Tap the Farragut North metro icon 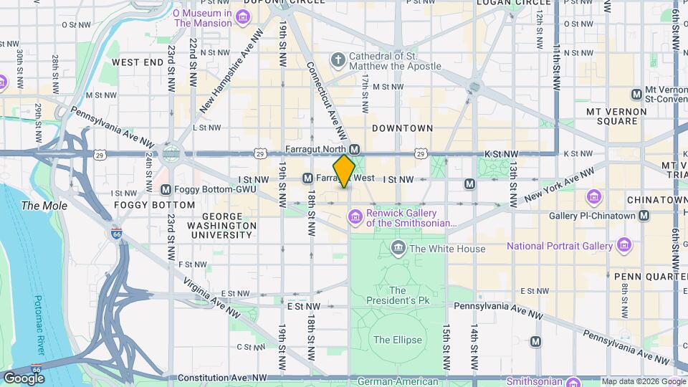tap(354, 148)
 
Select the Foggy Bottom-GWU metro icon tap(166, 190)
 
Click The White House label tap(448, 249)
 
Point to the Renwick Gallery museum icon tap(355, 216)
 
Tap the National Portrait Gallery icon tap(624, 246)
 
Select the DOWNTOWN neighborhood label tap(402, 128)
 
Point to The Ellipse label tap(398, 340)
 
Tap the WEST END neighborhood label tap(138, 63)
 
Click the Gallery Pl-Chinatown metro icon tap(644, 216)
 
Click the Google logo tap(24, 378)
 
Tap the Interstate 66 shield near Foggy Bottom tap(116, 233)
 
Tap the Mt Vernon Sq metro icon tap(636, 95)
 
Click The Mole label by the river tap(44, 206)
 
